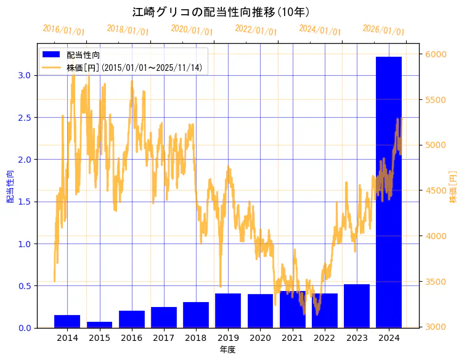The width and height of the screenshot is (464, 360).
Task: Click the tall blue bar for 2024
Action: [x=388, y=191]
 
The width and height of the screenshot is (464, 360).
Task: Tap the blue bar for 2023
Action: [x=356, y=306]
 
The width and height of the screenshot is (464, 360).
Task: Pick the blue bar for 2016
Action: [x=131, y=319]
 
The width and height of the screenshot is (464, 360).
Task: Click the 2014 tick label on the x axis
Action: [x=67, y=338]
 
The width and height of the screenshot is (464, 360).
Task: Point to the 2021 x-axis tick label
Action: [x=292, y=338]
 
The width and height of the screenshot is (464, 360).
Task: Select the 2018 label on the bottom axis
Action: [x=195, y=338]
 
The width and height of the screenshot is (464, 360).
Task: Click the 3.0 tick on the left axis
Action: [x=25, y=75]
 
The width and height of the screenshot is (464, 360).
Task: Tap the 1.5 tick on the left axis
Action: [x=25, y=202]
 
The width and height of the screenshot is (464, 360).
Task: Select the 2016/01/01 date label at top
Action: [x=63, y=30]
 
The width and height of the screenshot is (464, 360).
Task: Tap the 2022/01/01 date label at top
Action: [x=256, y=30]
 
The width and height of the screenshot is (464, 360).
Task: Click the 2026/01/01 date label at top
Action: [x=383, y=30]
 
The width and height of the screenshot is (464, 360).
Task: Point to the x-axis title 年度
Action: [x=227, y=350]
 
